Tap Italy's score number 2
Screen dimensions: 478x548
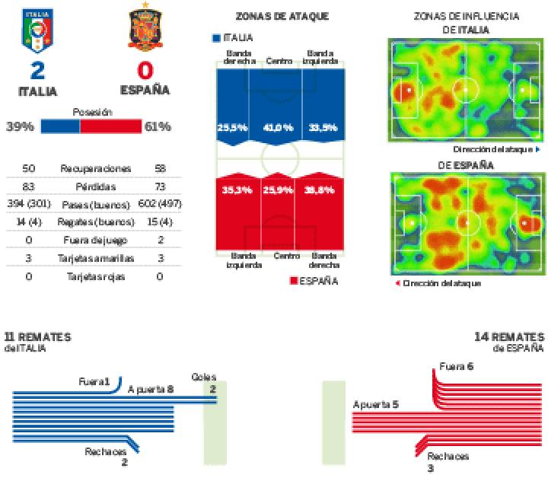(37, 72)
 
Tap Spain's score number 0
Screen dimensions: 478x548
(145, 72)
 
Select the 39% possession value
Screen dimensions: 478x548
(20, 126)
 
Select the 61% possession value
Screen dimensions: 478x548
(158, 126)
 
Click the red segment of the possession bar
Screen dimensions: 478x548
(110, 126)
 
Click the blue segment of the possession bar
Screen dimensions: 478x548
(59, 126)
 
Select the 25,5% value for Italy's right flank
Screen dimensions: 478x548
(232, 128)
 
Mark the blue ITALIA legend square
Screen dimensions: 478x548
(217, 37)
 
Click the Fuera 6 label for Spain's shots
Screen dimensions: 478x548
(457, 366)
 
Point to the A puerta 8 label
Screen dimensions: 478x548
(151, 389)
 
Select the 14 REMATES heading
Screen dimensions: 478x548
(508, 336)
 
